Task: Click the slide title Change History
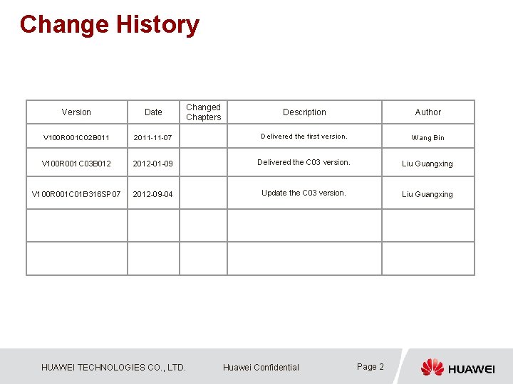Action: [x=110, y=24]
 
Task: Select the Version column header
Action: [x=76, y=112]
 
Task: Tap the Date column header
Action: [x=153, y=112]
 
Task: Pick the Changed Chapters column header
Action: [x=204, y=112]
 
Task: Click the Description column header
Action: [x=304, y=112]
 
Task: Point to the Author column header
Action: [x=428, y=112]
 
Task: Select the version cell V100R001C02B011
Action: [x=76, y=137]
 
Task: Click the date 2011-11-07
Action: [x=152, y=137]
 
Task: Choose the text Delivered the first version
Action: [x=304, y=136]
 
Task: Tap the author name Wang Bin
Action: [x=427, y=137]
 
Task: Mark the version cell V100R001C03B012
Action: [x=76, y=164]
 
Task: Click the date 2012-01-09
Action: [x=152, y=164]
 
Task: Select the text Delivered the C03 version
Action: [x=304, y=162]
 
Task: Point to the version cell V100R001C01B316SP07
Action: [x=76, y=194]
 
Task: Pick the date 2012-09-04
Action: [x=152, y=194]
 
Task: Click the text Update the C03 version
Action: [x=304, y=193]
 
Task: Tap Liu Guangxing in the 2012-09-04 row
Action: [x=427, y=194]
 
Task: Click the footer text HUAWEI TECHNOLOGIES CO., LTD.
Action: [x=114, y=368]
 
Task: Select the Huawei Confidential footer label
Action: [x=261, y=368]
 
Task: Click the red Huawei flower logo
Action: [x=432, y=367]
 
